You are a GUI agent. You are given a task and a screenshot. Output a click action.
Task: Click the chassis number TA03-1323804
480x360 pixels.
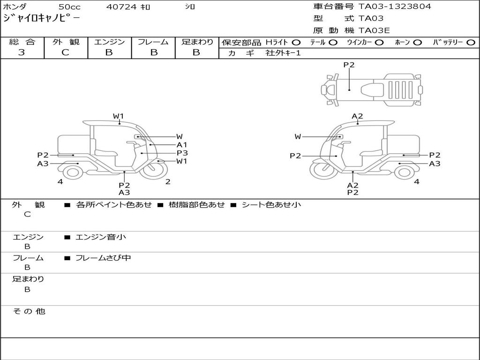[x=395, y=7]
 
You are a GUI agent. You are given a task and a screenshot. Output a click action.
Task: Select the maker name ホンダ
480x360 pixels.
[x=15, y=7]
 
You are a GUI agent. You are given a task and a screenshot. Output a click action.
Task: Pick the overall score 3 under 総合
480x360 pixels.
[x=22, y=52]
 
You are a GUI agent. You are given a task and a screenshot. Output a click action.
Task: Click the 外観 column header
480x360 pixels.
[x=66, y=42]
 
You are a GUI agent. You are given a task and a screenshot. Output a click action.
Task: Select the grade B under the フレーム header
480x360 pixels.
[x=153, y=52]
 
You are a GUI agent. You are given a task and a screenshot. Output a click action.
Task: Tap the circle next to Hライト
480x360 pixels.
[x=296, y=43]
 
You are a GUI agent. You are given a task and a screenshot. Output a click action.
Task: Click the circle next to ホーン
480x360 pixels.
[x=418, y=43]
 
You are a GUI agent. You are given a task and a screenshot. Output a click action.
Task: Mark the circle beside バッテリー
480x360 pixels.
[x=471, y=43]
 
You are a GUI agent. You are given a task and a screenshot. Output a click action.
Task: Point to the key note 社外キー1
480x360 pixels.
[x=283, y=53]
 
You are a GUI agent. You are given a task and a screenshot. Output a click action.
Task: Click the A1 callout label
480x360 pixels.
[x=182, y=145]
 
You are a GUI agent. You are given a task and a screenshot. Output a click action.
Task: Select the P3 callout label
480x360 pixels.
[x=182, y=153]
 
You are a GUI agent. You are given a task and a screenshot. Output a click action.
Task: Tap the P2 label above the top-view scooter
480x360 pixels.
[x=349, y=65]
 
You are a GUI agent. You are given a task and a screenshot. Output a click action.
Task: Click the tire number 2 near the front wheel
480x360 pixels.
[x=168, y=182]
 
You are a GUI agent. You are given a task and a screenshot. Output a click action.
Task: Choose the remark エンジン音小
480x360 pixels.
[x=100, y=237]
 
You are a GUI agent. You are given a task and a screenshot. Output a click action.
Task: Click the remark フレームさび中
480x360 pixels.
[x=103, y=258]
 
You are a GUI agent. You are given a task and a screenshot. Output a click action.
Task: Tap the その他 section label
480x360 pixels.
[x=29, y=311]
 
